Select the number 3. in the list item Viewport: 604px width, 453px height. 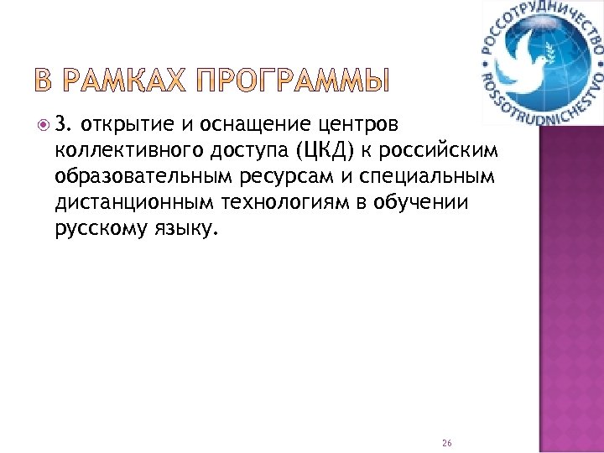click(64, 125)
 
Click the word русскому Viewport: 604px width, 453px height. click(96, 229)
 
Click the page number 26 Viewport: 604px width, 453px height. click(445, 441)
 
